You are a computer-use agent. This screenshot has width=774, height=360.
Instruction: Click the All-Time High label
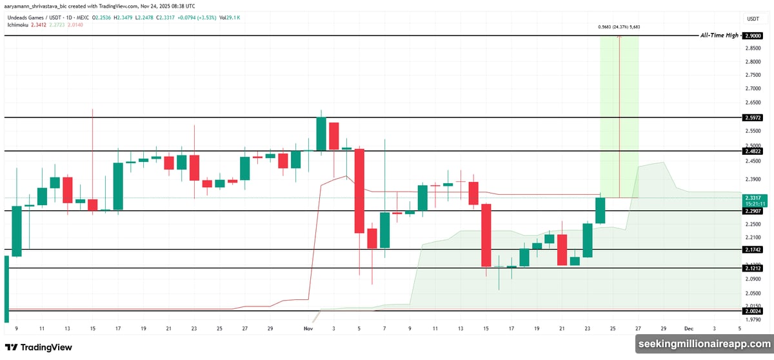point(719,35)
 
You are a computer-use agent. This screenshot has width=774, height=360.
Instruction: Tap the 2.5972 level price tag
point(752,118)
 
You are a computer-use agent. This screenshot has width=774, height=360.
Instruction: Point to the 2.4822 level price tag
point(752,151)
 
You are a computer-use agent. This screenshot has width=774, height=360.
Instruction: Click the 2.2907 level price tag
point(752,211)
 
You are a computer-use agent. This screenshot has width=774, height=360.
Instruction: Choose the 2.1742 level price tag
point(752,249)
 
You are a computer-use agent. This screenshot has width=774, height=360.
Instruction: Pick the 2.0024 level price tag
point(752,310)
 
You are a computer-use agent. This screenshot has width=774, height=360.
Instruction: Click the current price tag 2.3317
point(752,197)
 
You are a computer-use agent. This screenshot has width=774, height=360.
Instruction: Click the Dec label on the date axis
point(688,328)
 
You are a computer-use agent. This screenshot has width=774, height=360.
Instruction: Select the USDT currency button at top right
point(752,19)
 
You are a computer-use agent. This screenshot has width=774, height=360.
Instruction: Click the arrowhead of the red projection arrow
point(619,37)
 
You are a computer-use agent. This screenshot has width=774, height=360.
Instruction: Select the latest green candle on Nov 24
point(600,210)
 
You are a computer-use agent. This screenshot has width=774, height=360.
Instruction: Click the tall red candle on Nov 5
point(359,190)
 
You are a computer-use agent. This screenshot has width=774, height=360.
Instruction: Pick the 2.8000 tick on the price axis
point(752,62)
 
